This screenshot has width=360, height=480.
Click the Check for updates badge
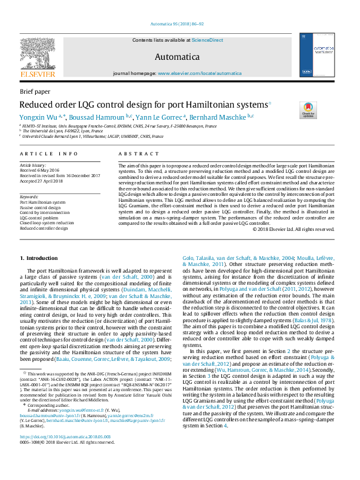coord(308,110)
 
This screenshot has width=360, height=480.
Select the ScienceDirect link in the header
coord(207,40)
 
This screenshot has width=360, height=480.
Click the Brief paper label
coord(35,91)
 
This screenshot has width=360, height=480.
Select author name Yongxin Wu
coord(40,116)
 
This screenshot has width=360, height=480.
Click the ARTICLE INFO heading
coord(49,154)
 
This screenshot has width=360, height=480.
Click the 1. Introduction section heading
coord(39,258)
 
